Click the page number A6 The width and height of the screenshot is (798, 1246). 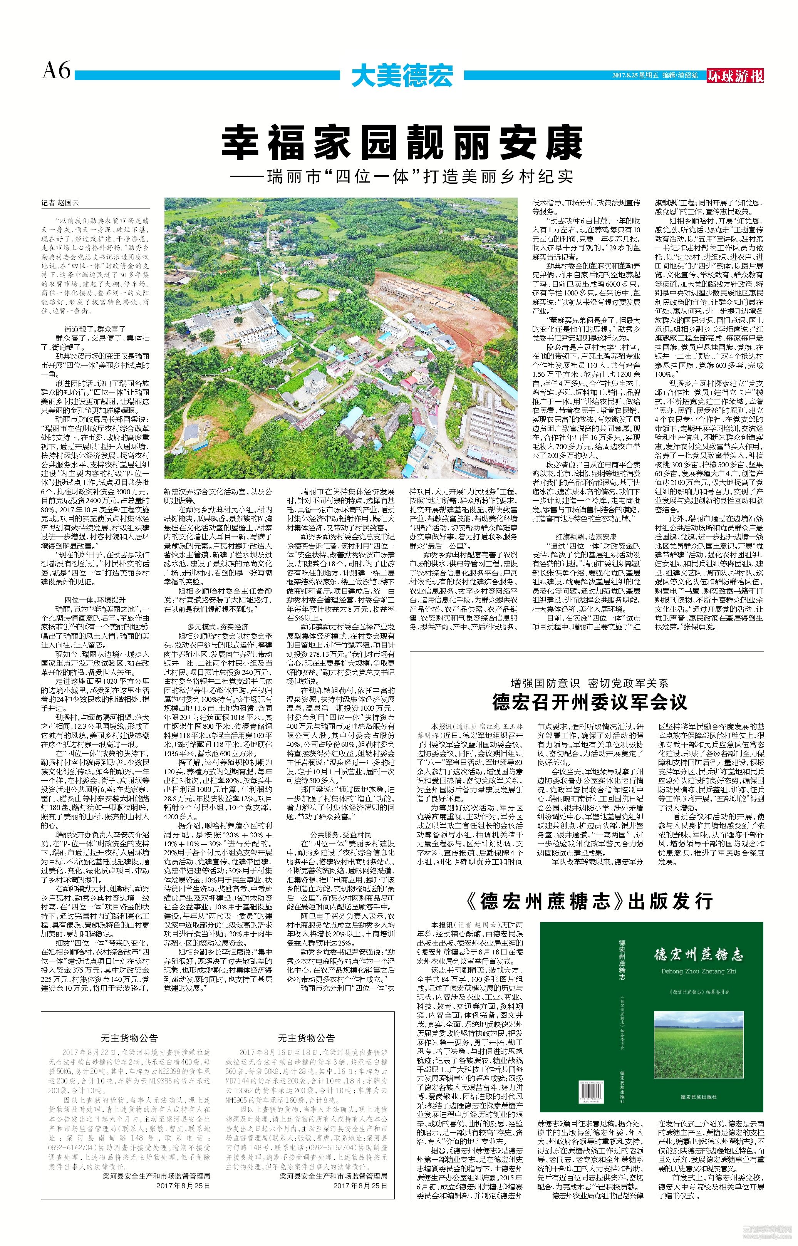pos(56,70)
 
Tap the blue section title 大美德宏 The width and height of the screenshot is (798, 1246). pos(402,75)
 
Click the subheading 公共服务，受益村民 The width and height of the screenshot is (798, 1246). pos(340,835)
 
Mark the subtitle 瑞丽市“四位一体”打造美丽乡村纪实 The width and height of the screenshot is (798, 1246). pos(402,176)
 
